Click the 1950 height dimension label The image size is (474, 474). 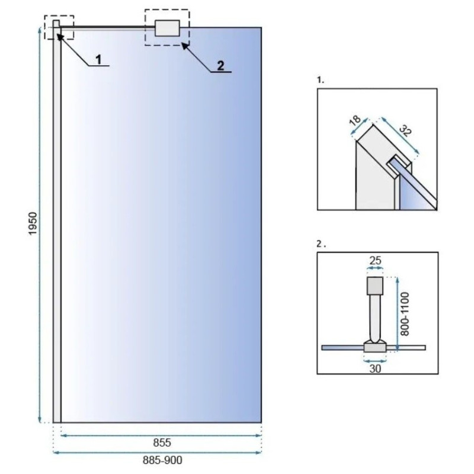(33, 223)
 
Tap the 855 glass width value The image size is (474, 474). (162, 443)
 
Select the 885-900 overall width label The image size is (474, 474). (162, 460)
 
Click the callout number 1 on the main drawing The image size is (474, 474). (98, 60)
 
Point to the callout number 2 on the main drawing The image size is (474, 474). (220, 66)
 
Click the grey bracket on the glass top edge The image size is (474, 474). (167, 28)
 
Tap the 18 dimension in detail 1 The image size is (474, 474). (355, 120)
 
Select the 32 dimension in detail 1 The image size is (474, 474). (405, 130)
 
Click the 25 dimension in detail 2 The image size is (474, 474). (375, 260)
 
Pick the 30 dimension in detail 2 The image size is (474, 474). (375, 369)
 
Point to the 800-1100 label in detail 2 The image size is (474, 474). (405, 314)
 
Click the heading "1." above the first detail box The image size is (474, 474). (321, 80)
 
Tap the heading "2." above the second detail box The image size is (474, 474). (321, 244)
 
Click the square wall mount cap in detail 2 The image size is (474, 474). (375, 286)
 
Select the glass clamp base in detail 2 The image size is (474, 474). (375, 346)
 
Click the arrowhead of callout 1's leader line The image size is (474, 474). (58, 36)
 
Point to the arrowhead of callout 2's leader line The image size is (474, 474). (184, 45)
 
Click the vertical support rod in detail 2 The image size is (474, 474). (375, 318)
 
